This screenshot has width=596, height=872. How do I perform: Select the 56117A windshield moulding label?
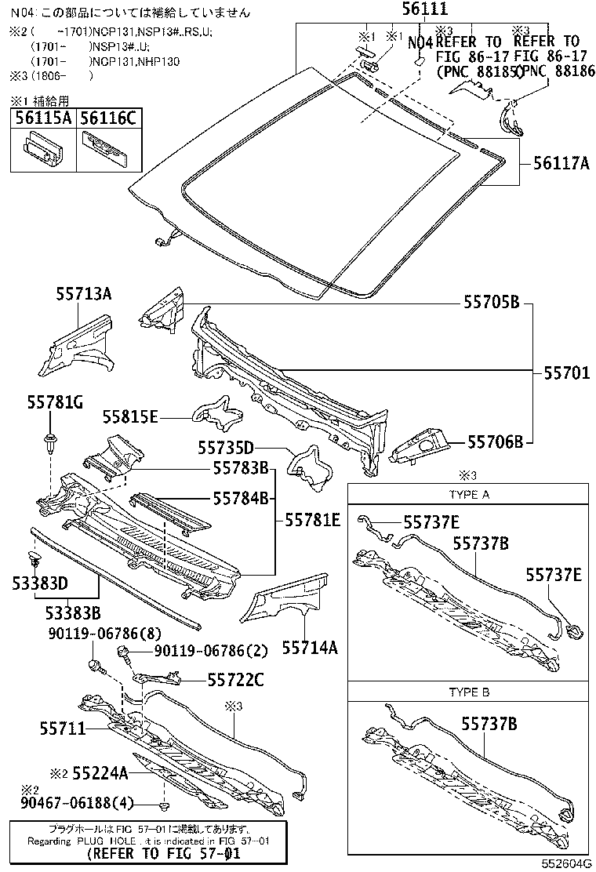click(561, 163)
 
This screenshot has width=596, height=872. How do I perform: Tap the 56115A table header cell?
click(42, 118)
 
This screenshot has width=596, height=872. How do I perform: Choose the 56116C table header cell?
click(108, 118)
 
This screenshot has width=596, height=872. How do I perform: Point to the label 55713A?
click(84, 294)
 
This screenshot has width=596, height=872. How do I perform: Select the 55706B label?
click(496, 441)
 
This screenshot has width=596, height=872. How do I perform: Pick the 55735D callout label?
click(226, 448)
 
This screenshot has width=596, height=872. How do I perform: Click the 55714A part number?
click(310, 648)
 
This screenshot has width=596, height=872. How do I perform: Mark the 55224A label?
click(100, 773)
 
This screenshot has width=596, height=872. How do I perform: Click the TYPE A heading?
click(469, 495)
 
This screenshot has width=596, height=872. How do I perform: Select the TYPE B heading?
click(469, 692)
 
